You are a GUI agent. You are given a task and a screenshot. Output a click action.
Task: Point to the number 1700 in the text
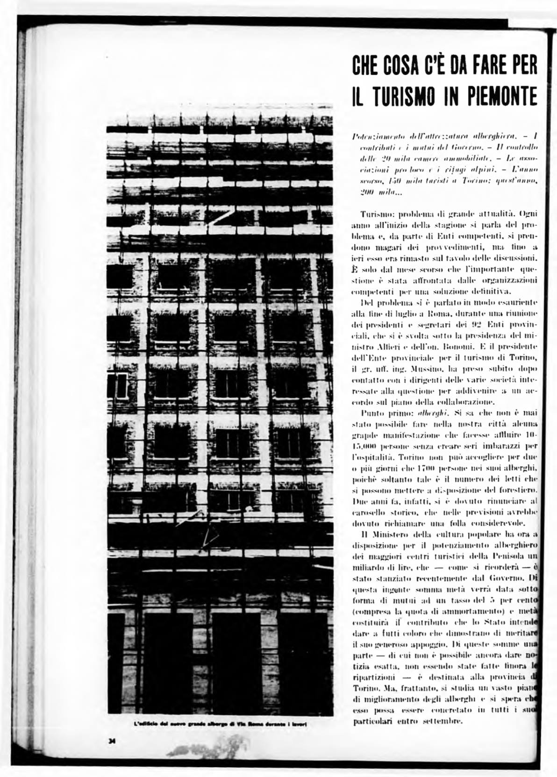(x=414, y=467)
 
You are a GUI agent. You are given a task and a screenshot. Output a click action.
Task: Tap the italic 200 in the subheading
(x=361, y=193)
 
